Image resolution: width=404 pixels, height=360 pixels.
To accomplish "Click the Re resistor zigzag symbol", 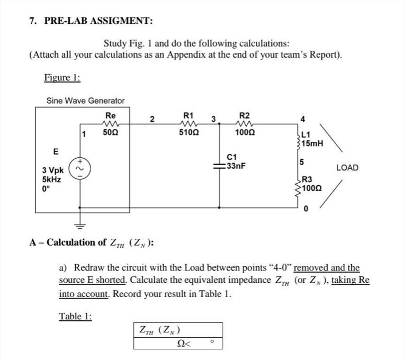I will point(110,124).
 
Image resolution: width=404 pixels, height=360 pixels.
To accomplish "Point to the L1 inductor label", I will point(307,135).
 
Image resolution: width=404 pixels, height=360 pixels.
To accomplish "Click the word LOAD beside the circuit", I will point(347,168).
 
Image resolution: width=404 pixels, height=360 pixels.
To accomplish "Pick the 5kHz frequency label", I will point(51,179).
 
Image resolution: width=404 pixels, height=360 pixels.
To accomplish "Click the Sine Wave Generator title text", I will point(85,100).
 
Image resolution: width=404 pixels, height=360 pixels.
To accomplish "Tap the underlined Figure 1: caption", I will point(62,78).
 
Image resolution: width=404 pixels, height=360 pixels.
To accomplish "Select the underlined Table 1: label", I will point(75,316).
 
